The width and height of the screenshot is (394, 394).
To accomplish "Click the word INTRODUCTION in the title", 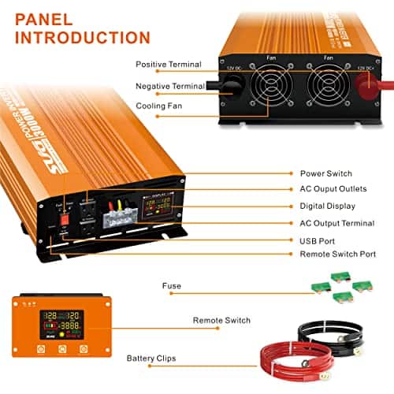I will coord(82,37).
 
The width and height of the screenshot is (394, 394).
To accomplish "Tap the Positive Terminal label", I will coord(169,65).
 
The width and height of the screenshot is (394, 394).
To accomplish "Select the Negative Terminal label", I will coord(169,86).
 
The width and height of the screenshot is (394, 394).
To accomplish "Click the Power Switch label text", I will coord(325,173).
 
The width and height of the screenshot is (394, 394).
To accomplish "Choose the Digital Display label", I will coord(328,206).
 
